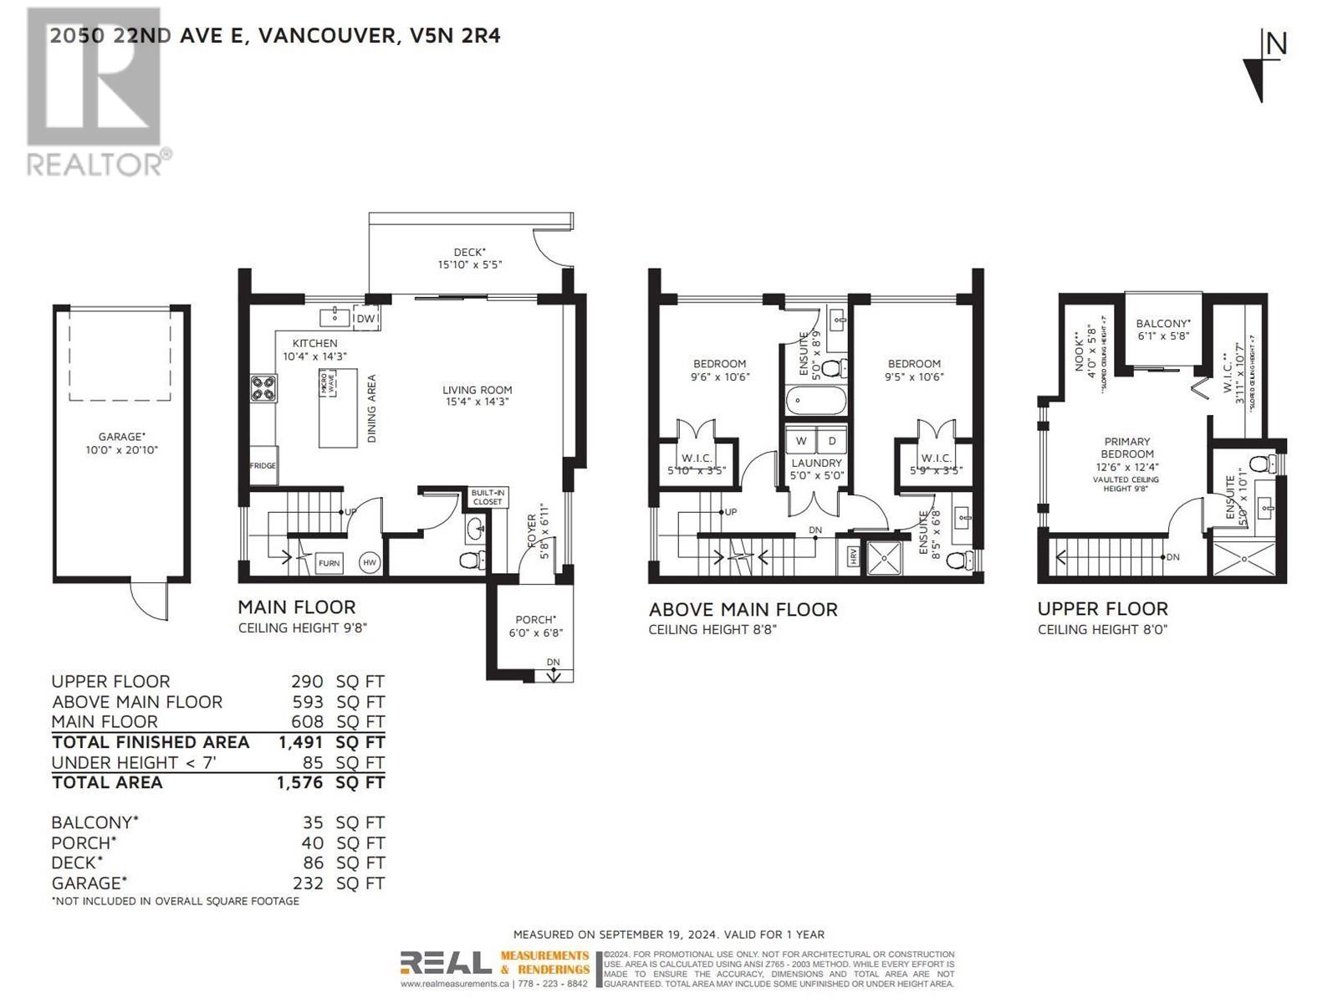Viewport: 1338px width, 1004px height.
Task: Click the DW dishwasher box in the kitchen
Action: click(366, 318)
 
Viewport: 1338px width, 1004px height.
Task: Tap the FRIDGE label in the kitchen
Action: click(263, 466)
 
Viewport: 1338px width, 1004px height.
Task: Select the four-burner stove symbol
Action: click(263, 389)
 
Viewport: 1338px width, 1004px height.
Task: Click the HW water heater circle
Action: click(370, 563)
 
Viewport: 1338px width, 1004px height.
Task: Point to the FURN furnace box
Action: click(329, 563)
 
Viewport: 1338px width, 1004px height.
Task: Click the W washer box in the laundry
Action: click(801, 441)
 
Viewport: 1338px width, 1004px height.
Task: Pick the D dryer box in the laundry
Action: click(831, 441)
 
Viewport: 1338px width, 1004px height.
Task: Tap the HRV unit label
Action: click(853, 557)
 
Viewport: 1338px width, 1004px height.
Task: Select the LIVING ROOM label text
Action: click(477, 390)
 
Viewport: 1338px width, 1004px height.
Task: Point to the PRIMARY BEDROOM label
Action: click(1127, 448)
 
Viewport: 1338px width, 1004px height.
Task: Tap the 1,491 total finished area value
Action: click(300, 742)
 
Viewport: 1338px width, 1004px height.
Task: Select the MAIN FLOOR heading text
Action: click(296, 607)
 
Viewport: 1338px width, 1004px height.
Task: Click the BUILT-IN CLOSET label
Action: click(487, 497)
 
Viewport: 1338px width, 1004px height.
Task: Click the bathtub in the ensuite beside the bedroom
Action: click(815, 401)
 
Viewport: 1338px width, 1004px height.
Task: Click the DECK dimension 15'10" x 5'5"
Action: click(469, 264)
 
